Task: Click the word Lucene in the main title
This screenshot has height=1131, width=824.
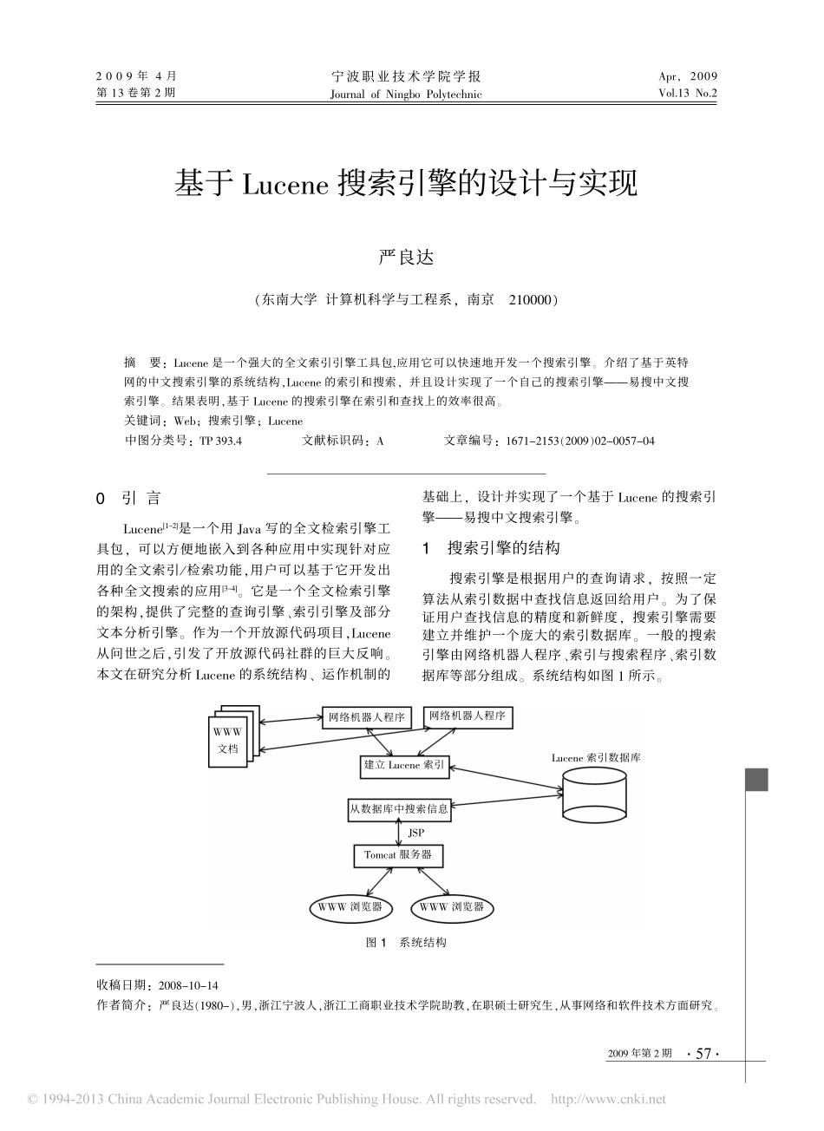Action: (282, 185)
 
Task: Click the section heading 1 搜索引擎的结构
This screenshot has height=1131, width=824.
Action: (491, 548)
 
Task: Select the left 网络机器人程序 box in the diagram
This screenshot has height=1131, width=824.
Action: (368, 717)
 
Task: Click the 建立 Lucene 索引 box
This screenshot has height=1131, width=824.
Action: (404, 766)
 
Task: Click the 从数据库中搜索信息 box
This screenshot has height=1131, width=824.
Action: (399, 809)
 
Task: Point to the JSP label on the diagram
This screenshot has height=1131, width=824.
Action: (417, 833)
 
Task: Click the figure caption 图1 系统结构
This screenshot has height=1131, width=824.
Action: (406, 943)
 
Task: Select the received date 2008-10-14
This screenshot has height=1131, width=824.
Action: (186, 986)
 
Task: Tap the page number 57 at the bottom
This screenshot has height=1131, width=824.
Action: (703, 1054)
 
